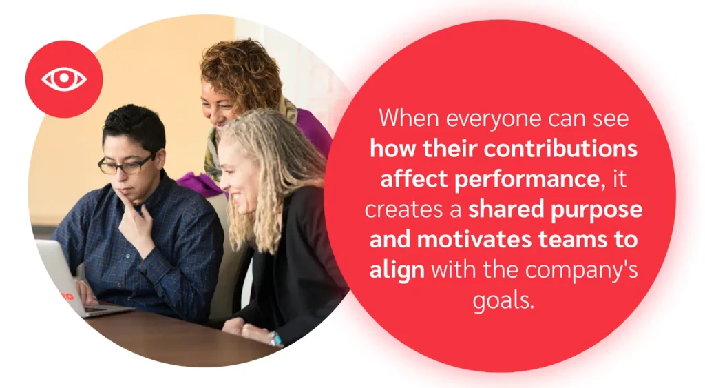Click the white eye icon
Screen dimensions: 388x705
[x=64, y=79]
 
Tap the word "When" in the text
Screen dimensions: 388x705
[x=409, y=118]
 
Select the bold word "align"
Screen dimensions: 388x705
[x=397, y=269]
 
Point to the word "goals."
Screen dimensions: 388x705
[x=503, y=300]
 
